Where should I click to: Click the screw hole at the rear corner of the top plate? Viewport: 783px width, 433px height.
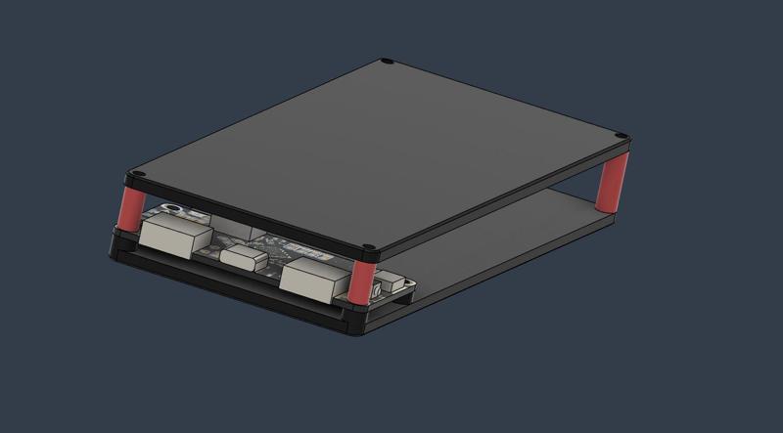[x=387, y=62]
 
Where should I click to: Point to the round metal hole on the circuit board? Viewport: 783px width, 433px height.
[x=172, y=208]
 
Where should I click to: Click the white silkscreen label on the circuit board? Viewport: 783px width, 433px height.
[x=299, y=248]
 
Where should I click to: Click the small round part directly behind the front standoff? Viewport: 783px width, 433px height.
[x=378, y=290]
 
